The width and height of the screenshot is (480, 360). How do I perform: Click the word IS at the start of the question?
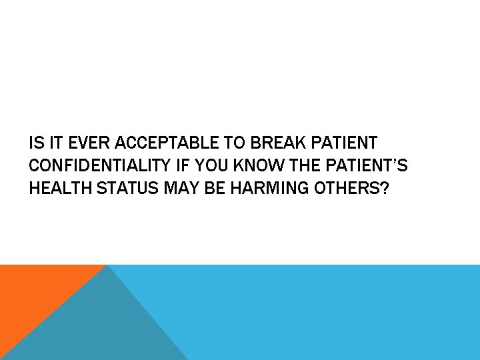point(35,143)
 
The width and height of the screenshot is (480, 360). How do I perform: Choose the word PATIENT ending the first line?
point(344,143)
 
